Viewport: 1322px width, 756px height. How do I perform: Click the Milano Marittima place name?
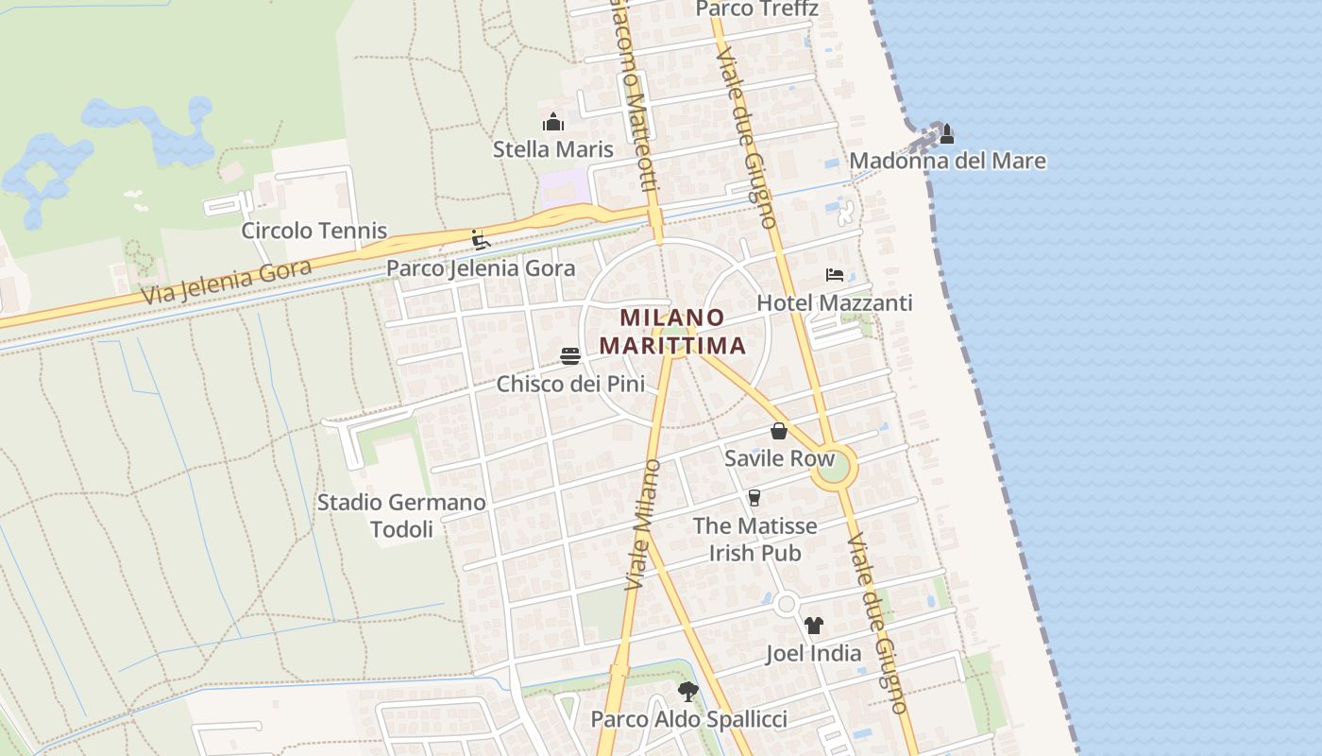tap(672, 332)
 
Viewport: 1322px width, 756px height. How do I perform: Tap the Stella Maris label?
tap(553, 149)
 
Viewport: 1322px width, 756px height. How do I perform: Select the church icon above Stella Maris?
tap(553, 122)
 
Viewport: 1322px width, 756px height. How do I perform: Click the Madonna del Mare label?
tap(947, 161)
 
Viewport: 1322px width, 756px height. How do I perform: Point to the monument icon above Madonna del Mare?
tap(946, 133)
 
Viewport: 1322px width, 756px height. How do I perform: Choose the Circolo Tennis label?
tap(314, 231)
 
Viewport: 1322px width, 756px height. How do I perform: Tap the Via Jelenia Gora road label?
tap(227, 283)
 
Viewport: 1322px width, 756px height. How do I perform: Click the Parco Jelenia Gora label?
tap(481, 268)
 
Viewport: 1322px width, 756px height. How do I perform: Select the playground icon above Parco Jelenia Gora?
tap(481, 239)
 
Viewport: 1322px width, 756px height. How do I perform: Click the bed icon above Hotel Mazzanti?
tap(835, 275)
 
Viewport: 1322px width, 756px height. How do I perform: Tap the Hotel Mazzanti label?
tap(835, 303)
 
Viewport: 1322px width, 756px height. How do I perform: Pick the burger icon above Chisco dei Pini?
tap(570, 356)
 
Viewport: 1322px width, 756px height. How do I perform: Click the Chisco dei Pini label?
tap(570, 385)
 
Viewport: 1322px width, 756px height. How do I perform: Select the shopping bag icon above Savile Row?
tap(779, 431)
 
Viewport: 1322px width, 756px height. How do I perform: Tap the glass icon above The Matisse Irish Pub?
tap(754, 498)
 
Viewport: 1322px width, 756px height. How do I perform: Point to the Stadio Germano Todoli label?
tap(401, 516)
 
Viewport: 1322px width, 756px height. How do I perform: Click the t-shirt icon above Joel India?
tap(813, 626)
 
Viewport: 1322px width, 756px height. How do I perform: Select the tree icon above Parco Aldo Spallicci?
tap(688, 692)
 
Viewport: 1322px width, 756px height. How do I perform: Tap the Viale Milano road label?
tap(640, 525)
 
